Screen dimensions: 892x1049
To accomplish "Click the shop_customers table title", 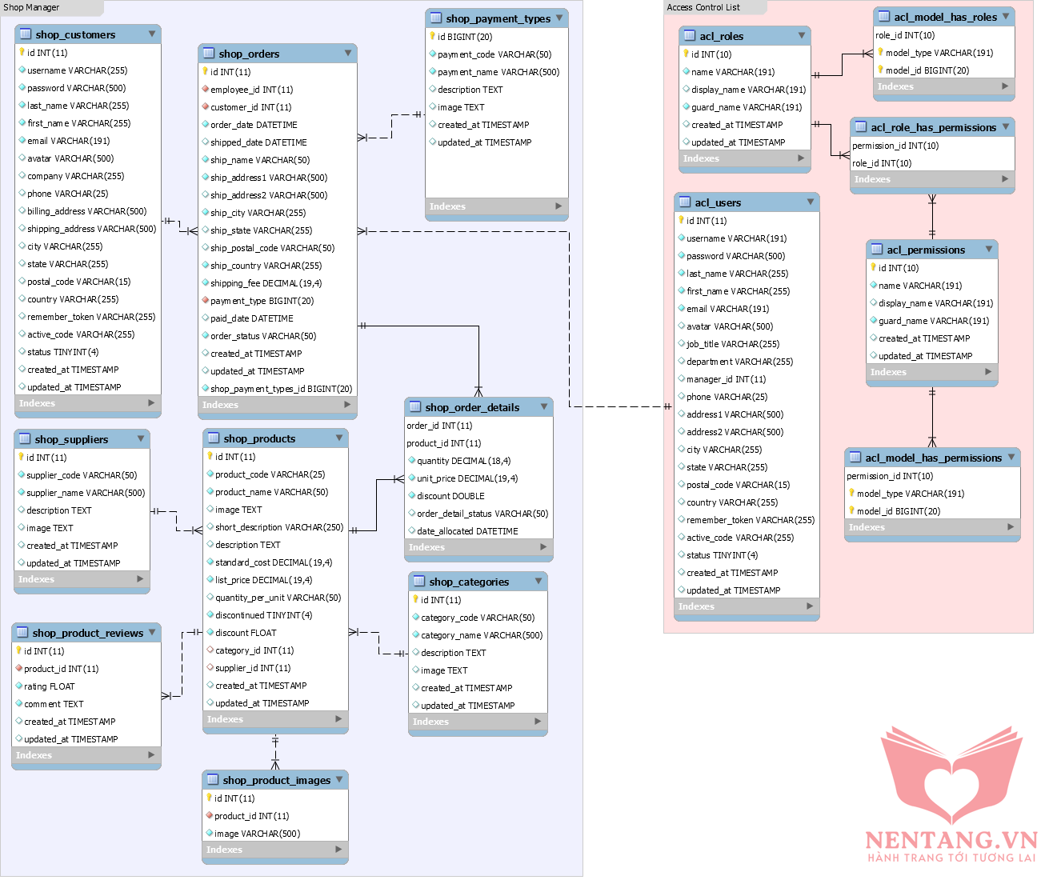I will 75,34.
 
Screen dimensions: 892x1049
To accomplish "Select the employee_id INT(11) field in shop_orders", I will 251,90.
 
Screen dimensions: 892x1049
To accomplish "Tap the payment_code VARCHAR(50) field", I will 494,54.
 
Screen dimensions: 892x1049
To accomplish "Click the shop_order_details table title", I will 472,407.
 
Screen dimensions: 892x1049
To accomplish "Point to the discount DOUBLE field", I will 450,496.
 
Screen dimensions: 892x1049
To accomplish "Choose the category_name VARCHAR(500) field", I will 481,635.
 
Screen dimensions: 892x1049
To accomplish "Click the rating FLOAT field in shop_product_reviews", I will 49,686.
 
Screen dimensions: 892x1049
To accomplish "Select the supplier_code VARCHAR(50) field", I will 81,475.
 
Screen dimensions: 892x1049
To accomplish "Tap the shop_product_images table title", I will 276,780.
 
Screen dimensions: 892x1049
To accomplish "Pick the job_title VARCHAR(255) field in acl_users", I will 732,344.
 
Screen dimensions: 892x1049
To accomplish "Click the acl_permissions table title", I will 925,250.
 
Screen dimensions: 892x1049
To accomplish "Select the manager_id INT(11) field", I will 726,379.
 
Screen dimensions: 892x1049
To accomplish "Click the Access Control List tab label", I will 703,7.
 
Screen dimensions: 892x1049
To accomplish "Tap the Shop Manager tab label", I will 32,7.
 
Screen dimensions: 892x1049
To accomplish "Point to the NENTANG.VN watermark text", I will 951,840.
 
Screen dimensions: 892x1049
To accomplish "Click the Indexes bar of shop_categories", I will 477,722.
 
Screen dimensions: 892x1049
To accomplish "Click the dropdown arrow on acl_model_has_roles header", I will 1006,16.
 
